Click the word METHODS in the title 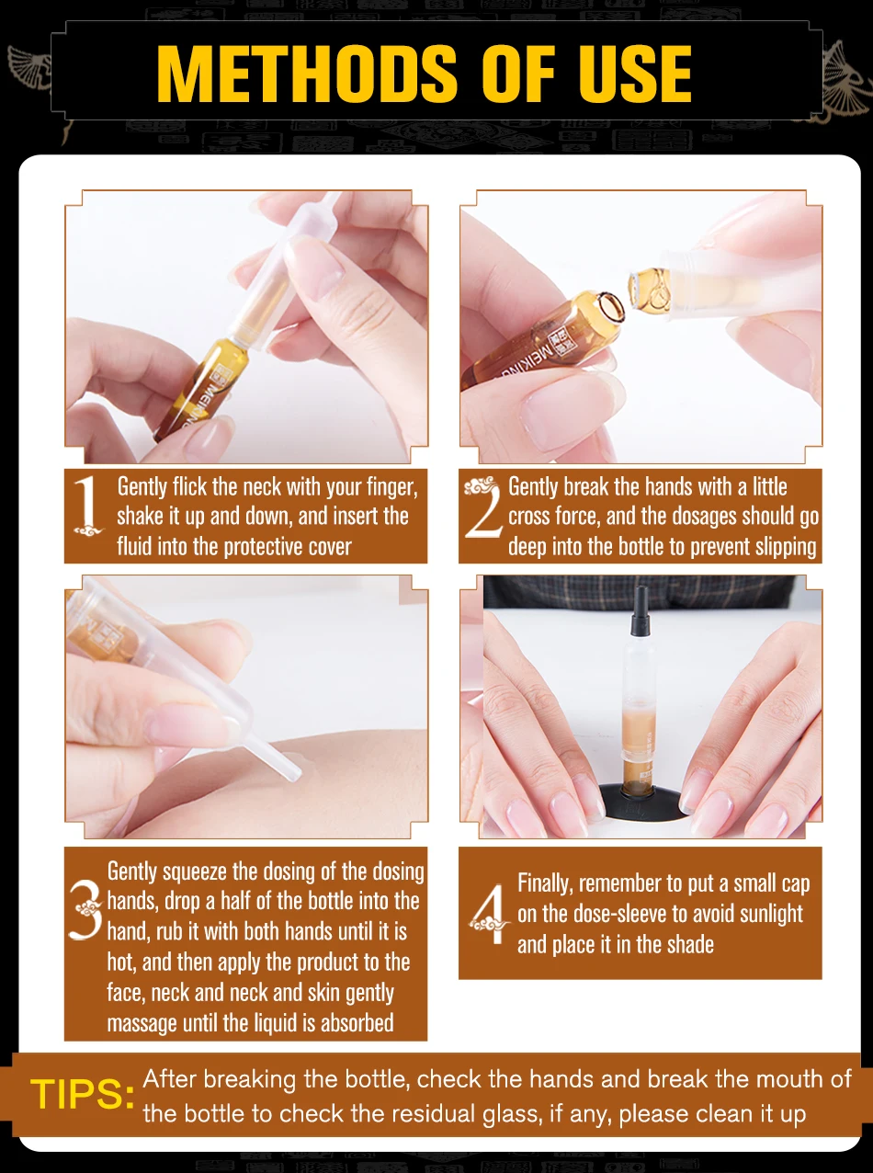click(x=306, y=74)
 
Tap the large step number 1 click(x=87, y=506)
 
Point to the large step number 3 click(x=85, y=910)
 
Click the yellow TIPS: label click(x=83, y=1094)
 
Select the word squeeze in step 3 click(x=195, y=872)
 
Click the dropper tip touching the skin click(x=289, y=772)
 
